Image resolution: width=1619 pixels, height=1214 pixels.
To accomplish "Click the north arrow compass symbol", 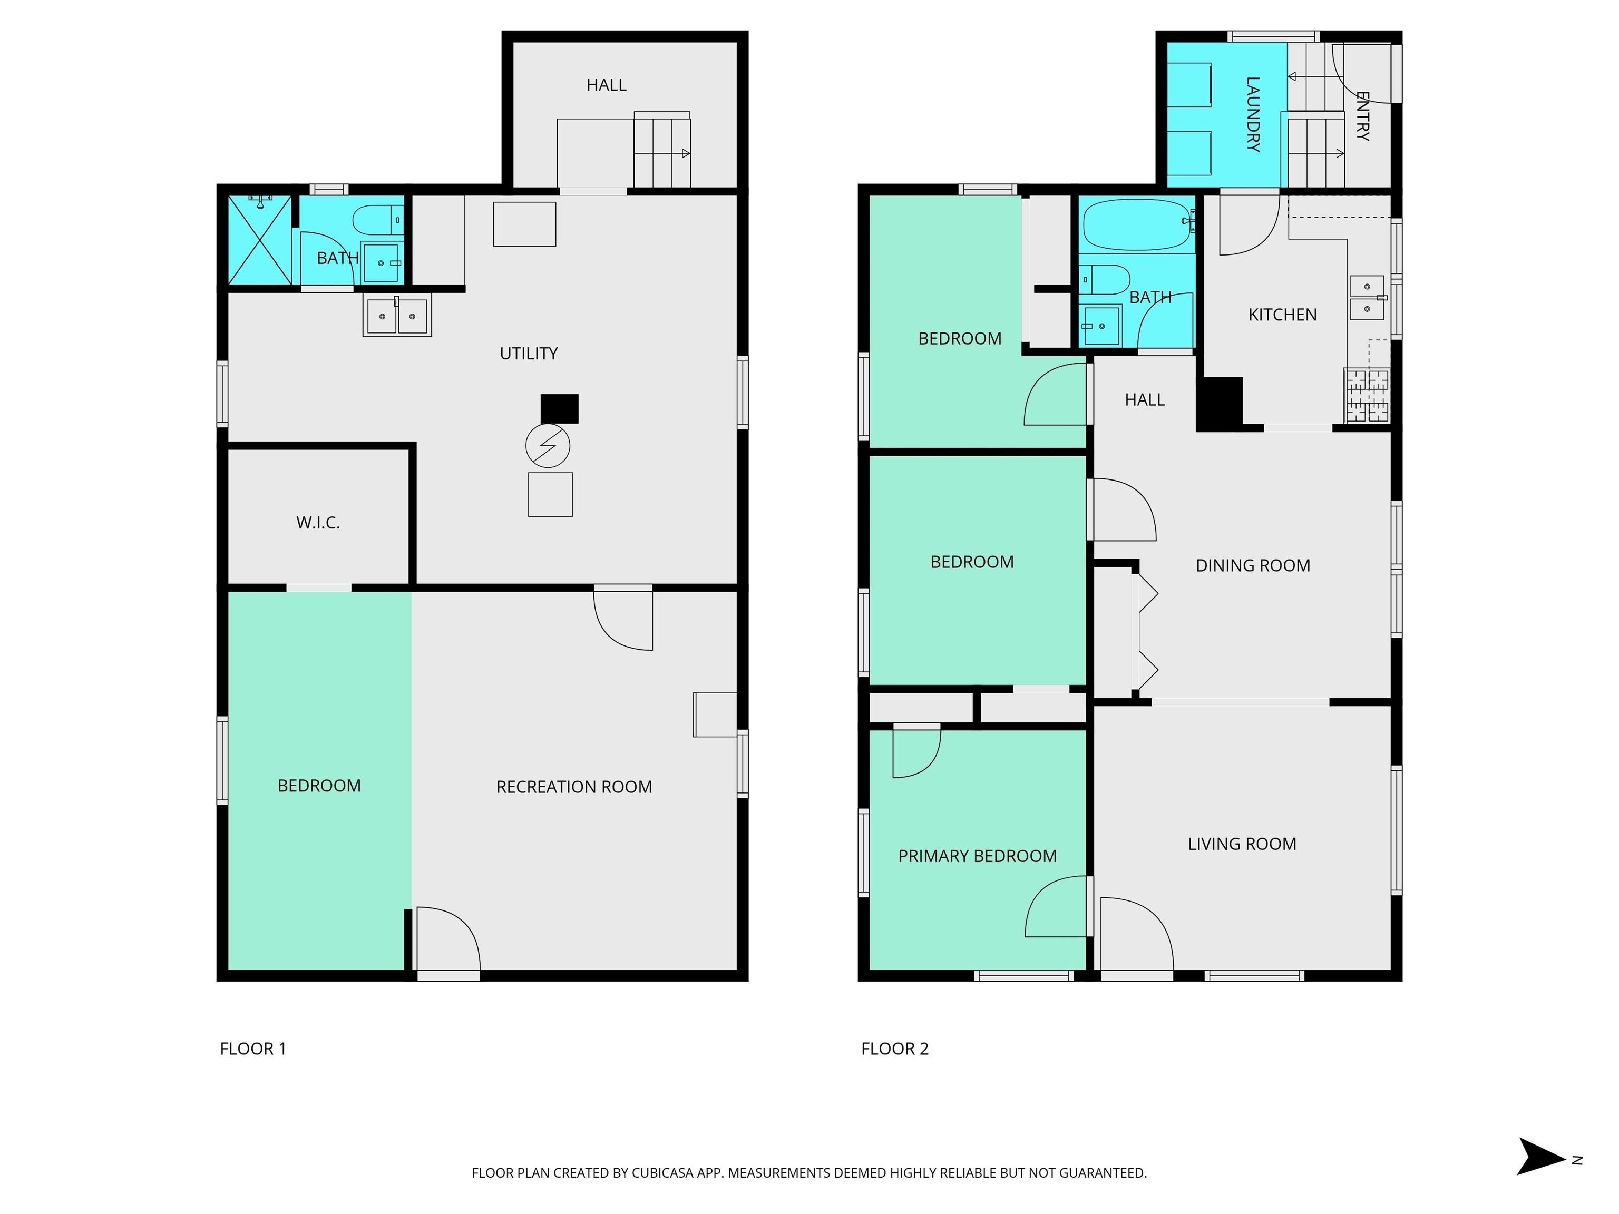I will click(1540, 1156).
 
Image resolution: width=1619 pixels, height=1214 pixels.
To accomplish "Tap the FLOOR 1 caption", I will click(252, 1049).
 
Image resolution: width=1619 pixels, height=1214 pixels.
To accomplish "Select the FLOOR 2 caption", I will click(894, 1049).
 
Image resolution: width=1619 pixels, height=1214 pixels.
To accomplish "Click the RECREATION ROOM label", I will click(574, 787).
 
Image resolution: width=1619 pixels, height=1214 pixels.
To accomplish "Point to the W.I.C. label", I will click(318, 523).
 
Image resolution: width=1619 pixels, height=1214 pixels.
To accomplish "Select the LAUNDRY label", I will click(1252, 113).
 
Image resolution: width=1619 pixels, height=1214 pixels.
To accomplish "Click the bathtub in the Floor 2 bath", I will click(1137, 224).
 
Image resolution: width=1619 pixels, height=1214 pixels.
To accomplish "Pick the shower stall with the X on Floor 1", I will click(260, 240).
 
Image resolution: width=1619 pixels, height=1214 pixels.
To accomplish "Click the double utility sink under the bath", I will click(397, 316).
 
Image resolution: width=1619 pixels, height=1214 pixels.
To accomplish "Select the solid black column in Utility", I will click(559, 409).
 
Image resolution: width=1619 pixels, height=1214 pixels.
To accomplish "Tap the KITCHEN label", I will click(1282, 315).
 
